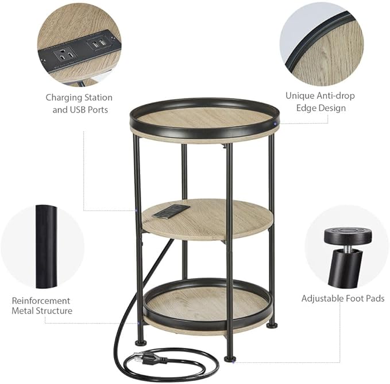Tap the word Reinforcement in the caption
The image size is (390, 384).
click(x=41, y=300)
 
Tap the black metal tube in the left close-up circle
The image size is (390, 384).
click(x=46, y=246)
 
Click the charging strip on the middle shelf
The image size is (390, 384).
click(x=171, y=210)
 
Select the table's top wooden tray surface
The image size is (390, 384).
click(x=204, y=118)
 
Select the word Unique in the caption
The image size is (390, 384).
click(x=299, y=96)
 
